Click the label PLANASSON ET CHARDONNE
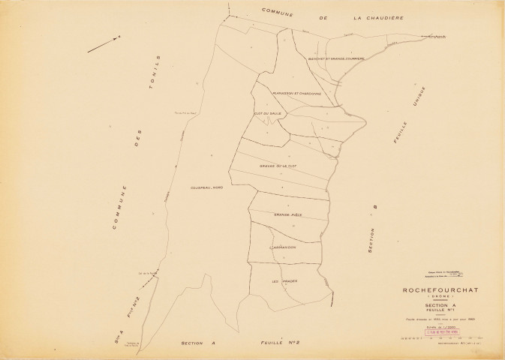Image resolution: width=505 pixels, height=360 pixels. pos(297,94)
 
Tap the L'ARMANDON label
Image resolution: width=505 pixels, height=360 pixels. pos(282,247)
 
